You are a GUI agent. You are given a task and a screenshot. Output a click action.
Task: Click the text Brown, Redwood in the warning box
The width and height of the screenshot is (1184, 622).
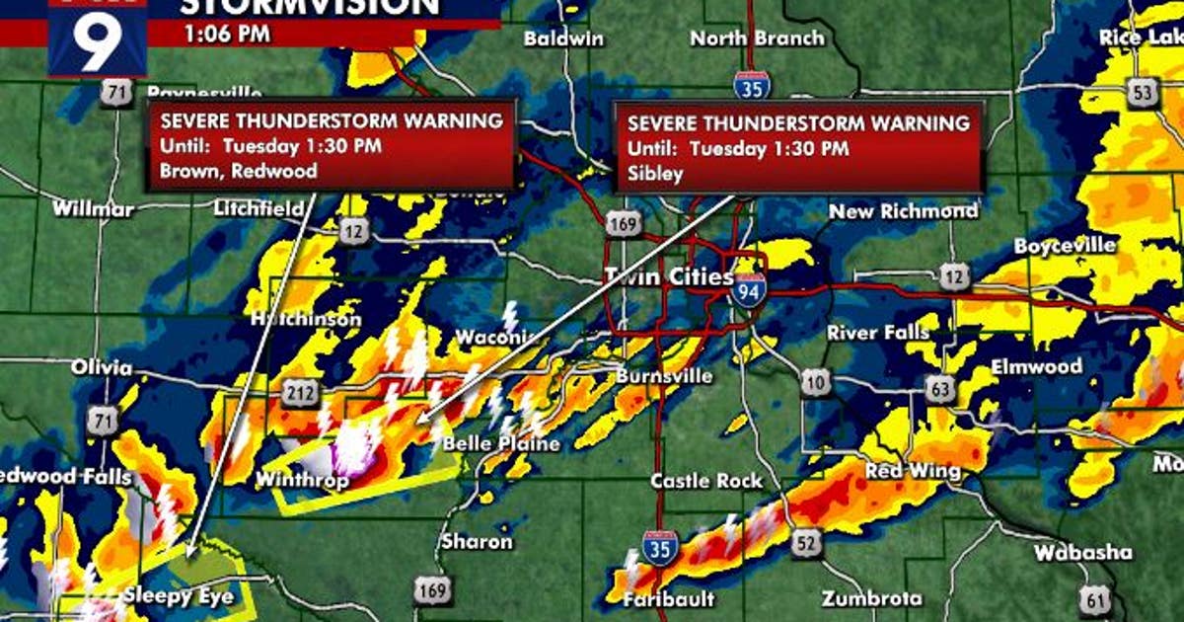(238, 171)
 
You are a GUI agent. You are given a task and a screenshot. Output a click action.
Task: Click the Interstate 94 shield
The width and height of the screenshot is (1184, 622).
(748, 288)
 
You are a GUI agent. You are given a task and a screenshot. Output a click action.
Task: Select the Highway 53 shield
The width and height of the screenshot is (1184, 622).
(1144, 94)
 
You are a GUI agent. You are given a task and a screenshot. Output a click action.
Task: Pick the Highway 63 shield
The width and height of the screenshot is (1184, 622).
(940, 391)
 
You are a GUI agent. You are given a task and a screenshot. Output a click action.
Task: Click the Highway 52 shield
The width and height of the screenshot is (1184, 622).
(806, 541)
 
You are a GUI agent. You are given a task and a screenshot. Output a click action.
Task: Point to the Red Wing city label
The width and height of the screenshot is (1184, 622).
(913, 472)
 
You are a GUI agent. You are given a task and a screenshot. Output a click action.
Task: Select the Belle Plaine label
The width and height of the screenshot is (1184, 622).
(501, 444)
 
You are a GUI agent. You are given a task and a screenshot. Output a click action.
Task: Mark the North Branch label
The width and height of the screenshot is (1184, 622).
(757, 39)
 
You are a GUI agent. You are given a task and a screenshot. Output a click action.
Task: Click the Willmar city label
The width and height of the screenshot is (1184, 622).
(93, 209)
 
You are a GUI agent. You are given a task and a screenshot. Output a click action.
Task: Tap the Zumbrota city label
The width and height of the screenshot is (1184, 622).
(872, 598)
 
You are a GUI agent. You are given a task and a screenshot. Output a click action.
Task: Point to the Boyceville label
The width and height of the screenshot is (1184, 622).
(1065, 245)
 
